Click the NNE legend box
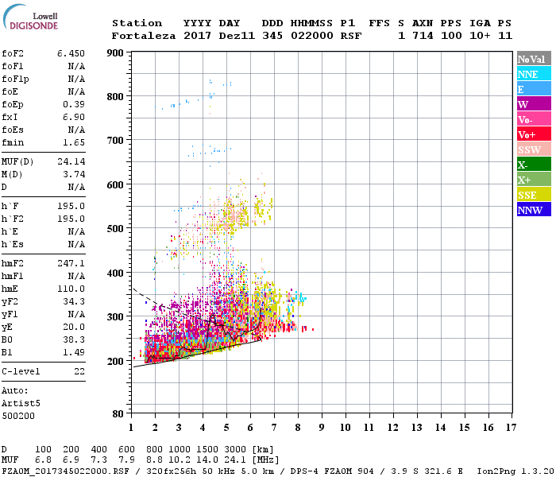533,74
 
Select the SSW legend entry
533,149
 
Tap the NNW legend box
533,210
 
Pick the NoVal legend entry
533,59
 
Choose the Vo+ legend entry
533,134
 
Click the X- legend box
533,165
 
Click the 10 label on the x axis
345,428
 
